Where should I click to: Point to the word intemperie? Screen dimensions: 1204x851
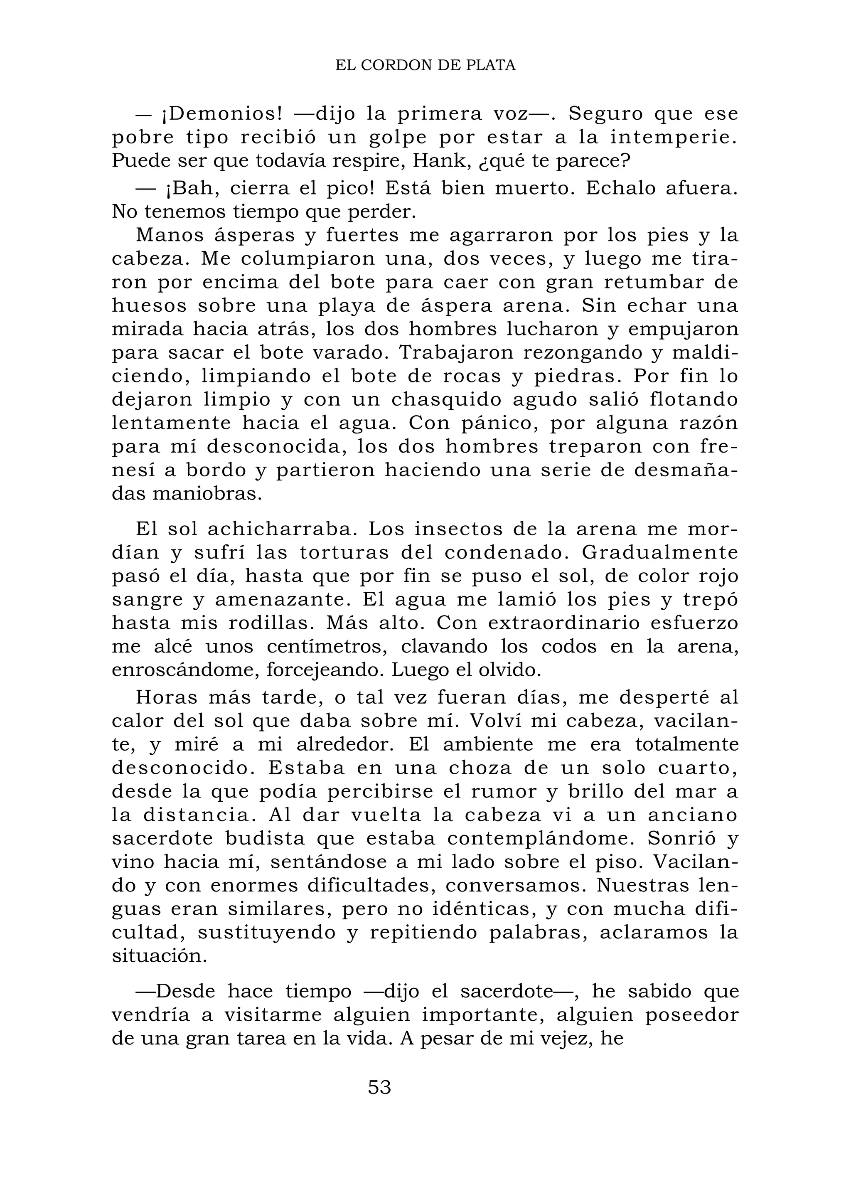[x=673, y=138]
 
